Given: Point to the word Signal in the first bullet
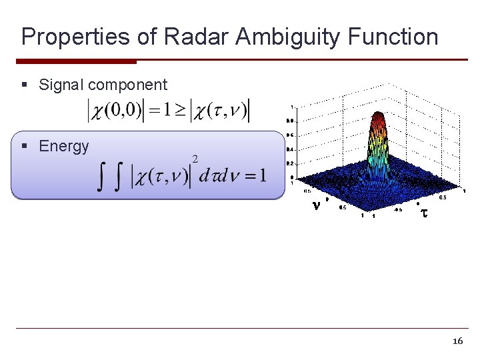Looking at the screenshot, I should [61, 85].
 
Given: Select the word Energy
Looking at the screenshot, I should [64, 146].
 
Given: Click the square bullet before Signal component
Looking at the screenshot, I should [25, 85].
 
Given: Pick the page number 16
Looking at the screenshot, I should [457, 341].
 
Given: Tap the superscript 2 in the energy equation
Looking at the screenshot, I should [195, 159].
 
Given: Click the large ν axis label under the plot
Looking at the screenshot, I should [316, 206].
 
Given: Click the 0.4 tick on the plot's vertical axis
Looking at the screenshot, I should [290, 149].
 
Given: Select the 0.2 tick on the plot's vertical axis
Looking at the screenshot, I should [290, 163].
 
